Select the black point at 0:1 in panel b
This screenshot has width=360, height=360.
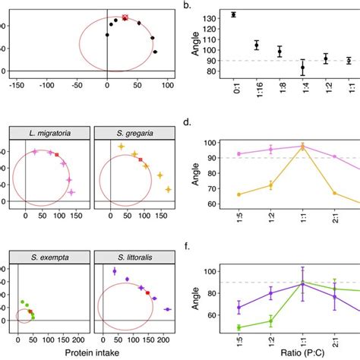(x=233, y=14)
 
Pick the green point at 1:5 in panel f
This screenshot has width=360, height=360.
(x=239, y=327)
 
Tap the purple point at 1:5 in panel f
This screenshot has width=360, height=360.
(x=239, y=308)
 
